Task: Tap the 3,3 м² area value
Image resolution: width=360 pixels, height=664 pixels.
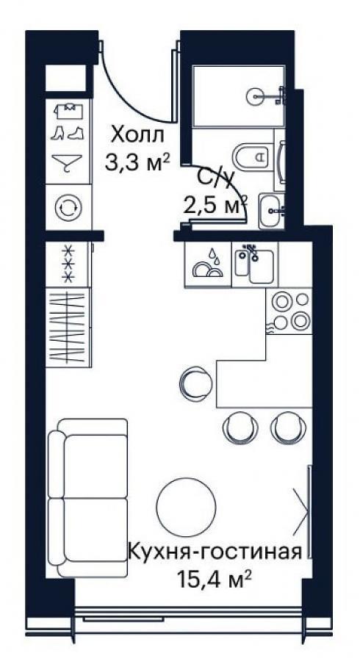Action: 137,162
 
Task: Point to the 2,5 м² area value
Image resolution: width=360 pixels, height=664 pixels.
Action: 215,206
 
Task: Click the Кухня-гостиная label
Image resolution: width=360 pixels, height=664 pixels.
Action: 215,552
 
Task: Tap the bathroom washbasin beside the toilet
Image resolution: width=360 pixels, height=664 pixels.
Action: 272,211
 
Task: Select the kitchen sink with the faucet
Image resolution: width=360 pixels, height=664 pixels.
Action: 254,264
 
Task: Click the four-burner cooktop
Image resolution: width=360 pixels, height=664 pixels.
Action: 289,311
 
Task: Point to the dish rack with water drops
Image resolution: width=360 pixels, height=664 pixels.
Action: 208,264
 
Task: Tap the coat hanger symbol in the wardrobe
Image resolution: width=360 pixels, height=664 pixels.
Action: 67,163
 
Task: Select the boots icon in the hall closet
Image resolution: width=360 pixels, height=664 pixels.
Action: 68,134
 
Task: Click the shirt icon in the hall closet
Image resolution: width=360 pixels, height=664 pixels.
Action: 68,110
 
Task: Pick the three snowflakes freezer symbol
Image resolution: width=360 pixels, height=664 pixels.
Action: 68,264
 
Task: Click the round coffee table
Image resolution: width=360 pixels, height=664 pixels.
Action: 187,508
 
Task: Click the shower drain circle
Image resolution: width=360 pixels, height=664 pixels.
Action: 256,96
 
